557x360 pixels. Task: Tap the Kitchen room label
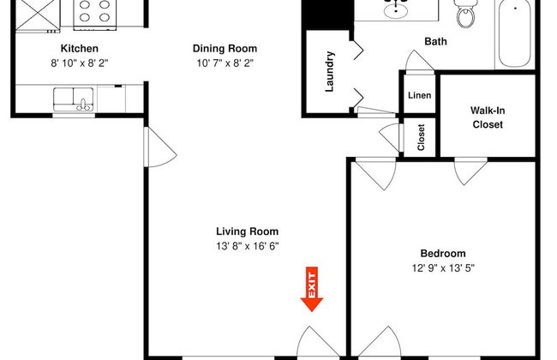(79, 49)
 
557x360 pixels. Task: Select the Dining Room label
(225, 49)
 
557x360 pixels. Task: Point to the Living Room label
(247, 231)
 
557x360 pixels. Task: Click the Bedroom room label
(442, 253)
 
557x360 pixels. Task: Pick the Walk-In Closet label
(486, 117)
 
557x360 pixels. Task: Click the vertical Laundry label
(329, 72)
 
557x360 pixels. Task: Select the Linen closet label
(420, 95)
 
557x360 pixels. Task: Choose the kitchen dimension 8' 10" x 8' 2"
(79, 63)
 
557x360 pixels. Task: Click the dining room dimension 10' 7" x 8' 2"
(225, 63)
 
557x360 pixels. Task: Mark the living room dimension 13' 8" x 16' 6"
(247, 246)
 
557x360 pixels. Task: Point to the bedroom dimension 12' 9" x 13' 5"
(442, 267)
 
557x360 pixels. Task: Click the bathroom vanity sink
(396, 10)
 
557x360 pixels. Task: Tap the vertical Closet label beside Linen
(421, 137)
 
